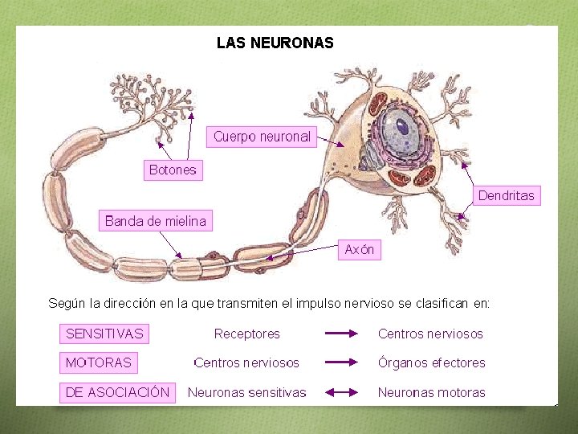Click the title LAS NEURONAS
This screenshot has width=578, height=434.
tap(275, 43)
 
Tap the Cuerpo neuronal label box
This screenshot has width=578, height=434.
tap(262, 137)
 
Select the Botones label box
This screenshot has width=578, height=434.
tap(173, 170)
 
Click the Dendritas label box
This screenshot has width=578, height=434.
tap(506, 195)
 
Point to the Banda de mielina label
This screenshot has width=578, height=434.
tap(156, 221)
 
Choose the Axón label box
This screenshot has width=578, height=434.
tap(360, 250)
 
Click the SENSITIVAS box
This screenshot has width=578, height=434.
tap(104, 334)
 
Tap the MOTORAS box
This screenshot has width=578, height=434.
tap(98, 362)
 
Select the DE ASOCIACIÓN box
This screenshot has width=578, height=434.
tap(117, 392)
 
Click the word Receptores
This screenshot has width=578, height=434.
tap(247, 334)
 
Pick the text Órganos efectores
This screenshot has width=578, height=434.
tap(432, 362)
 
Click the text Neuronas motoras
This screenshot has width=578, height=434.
tap(432, 392)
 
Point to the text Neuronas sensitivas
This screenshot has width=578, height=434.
tap(247, 392)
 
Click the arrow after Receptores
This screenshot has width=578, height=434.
tap(342, 334)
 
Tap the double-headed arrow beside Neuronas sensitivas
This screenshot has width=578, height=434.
tap(342, 392)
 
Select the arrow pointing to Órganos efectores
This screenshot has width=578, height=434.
tap(342, 362)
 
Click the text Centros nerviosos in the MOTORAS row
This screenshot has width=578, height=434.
tap(247, 362)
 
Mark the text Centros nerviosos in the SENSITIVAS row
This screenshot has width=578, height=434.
tap(431, 334)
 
